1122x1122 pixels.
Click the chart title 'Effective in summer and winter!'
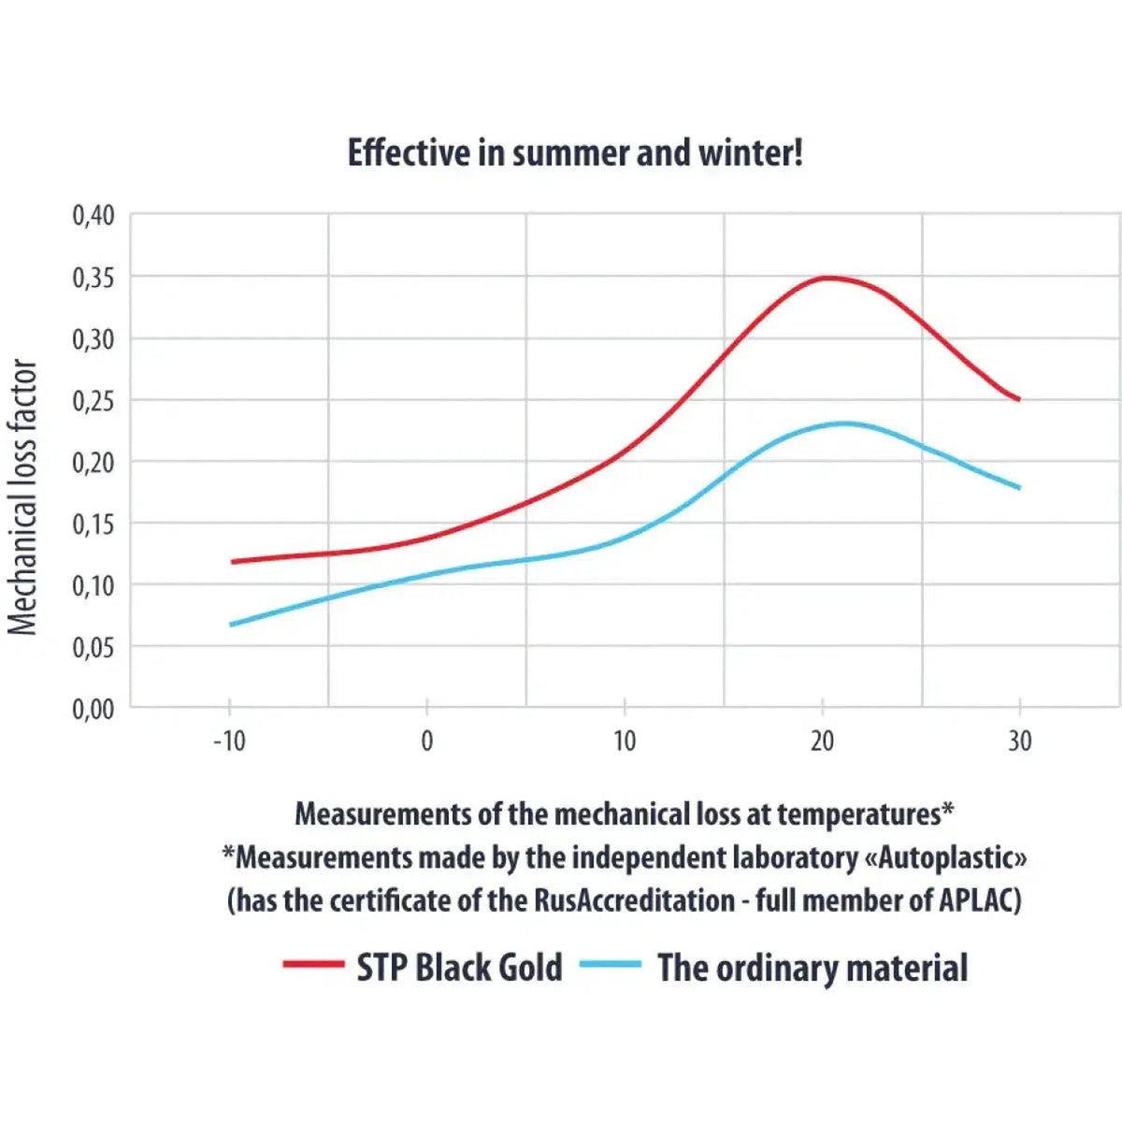(x=575, y=153)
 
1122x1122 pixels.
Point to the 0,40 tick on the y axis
(x=93, y=216)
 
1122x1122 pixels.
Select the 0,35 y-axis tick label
(x=93, y=279)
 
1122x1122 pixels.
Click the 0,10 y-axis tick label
(x=93, y=586)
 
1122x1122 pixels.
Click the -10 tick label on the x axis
(x=229, y=741)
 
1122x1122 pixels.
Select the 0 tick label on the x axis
(x=426, y=741)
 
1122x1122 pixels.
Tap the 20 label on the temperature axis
(x=822, y=741)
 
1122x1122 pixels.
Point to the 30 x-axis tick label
(x=1019, y=741)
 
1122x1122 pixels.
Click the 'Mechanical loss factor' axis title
(x=22, y=496)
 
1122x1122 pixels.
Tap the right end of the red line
(x=1019, y=400)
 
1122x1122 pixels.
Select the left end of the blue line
(x=231, y=625)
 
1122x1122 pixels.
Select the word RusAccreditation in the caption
(x=634, y=900)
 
